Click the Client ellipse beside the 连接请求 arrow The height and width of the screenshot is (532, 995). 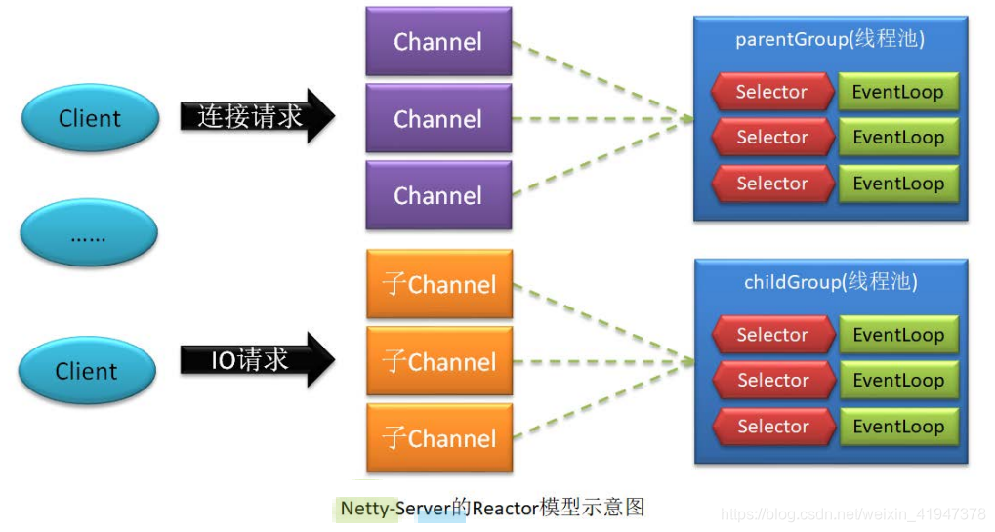pyautogui.click(x=90, y=118)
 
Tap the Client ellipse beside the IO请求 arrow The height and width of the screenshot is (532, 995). pyautogui.click(x=87, y=371)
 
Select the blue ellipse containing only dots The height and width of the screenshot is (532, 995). pyautogui.click(x=89, y=234)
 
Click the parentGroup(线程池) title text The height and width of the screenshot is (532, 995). pyautogui.click(x=830, y=40)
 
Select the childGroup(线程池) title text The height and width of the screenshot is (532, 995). pyautogui.click(x=830, y=283)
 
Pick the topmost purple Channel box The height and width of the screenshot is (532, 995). pyautogui.click(x=438, y=41)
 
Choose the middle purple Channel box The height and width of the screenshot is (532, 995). pyautogui.click(x=438, y=118)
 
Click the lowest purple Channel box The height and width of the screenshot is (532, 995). pyautogui.click(x=438, y=195)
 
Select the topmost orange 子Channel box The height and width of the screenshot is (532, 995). pyautogui.click(x=439, y=284)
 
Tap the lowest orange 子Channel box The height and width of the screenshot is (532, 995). pyautogui.click(x=439, y=438)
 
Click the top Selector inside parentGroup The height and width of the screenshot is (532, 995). pyautogui.click(x=771, y=92)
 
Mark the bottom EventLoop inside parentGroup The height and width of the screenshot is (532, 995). pyautogui.click(x=898, y=184)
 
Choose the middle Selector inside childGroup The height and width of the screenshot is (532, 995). pyautogui.click(x=772, y=381)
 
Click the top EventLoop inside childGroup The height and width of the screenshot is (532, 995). pyautogui.click(x=898, y=335)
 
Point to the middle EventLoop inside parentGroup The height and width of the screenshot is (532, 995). pyautogui.click(x=898, y=138)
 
